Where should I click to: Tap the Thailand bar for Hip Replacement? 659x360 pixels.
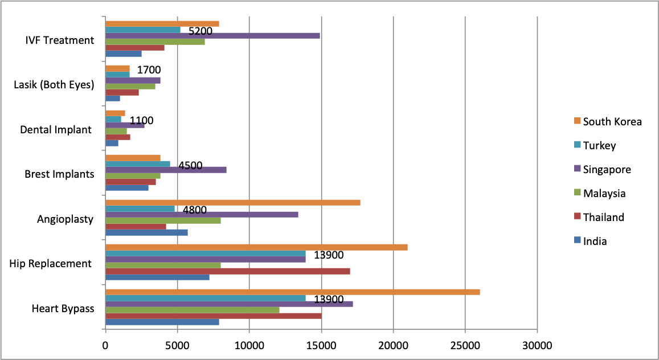(x=227, y=271)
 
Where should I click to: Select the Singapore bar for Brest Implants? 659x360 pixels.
(x=166, y=170)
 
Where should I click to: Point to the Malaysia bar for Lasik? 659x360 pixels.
(x=130, y=87)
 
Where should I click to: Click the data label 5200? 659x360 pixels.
(x=200, y=31)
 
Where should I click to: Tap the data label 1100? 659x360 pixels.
(x=142, y=121)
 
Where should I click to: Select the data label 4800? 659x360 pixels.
(x=195, y=210)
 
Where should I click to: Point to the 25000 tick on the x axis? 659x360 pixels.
(x=465, y=345)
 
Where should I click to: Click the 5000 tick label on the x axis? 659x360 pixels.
(x=177, y=345)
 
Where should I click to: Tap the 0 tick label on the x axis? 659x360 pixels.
(x=105, y=345)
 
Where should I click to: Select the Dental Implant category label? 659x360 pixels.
(x=56, y=130)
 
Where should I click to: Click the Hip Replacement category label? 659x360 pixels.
(x=51, y=264)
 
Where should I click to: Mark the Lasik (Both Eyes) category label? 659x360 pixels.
(x=54, y=85)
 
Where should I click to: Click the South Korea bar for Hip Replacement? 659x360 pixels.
(x=256, y=247)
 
